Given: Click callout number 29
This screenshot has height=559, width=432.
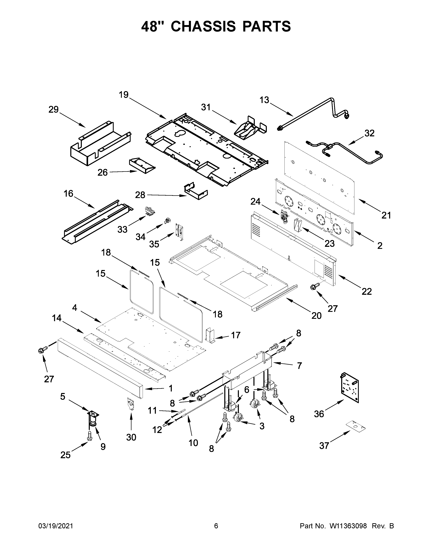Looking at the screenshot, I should click(54, 110).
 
